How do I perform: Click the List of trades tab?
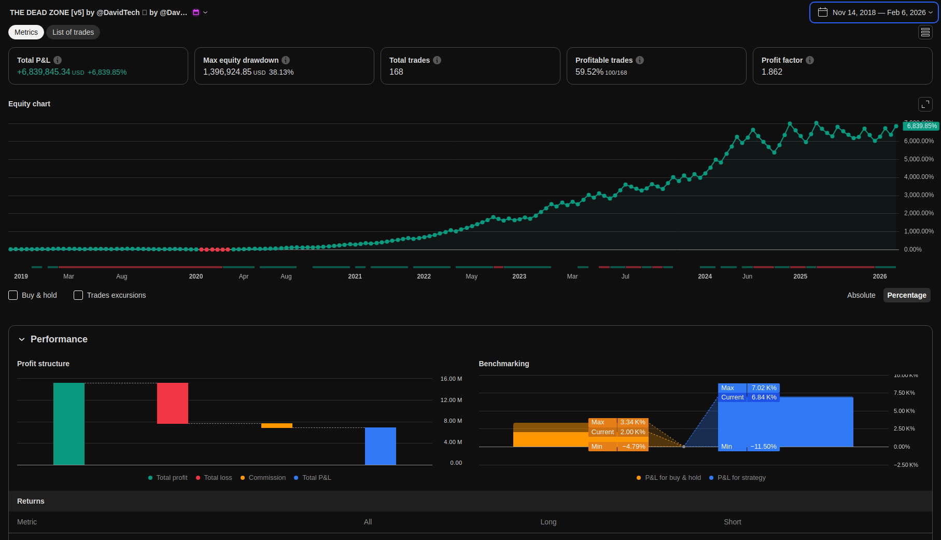click(73, 32)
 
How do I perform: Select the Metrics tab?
click(26, 32)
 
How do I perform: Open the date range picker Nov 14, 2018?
click(874, 12)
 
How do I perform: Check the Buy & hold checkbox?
click(13, 295)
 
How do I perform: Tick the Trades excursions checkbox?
click(78, 295)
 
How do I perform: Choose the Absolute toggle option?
click(861, 295)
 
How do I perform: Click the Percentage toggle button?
click(906, 295)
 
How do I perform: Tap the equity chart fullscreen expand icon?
click(925, 104)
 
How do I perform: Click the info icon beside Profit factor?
click(810, 60)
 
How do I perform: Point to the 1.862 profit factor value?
click(772, 72)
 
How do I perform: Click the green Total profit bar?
click(69, 423)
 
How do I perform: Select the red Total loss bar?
click(173, 403)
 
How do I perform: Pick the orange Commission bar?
click(277, 425)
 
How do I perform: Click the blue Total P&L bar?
click(381, 446)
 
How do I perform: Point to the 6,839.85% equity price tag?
click(921, 126)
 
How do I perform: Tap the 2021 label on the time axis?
click(355, 276)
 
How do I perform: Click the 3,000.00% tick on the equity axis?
click(919, 195)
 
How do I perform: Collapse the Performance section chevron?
click(22, 339)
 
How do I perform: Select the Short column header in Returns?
click(732, 522)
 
